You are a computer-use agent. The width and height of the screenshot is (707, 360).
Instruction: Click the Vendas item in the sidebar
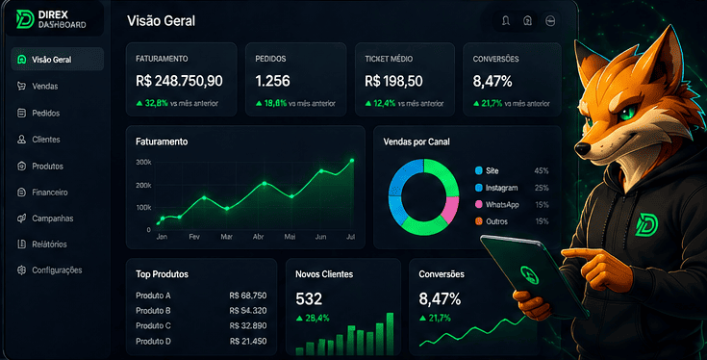tap(44, 87)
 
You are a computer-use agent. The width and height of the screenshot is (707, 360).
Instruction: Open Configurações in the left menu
tap(57, 270)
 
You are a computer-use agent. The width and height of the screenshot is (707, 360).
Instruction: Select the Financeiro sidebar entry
tap(50, 193)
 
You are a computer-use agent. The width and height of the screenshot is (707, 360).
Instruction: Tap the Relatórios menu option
tap(49, 244)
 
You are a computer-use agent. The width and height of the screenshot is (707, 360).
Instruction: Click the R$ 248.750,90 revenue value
tap(179, 81)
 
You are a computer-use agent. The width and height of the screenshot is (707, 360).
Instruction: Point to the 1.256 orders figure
tap(272, 81)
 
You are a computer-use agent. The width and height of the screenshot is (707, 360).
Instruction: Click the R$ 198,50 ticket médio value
tap(393, 81)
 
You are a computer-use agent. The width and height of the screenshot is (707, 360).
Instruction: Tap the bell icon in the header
tap(506, 21)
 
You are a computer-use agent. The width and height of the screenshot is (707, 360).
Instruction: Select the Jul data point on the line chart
tap(352, 160)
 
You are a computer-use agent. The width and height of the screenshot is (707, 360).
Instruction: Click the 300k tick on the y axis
tap(143, 162)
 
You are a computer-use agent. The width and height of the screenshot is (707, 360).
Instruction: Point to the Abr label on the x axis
tap(259, 237)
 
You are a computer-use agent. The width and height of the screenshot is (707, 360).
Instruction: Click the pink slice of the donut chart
tap(451, 209)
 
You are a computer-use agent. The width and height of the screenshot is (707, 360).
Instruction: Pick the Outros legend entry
tap(492, 221)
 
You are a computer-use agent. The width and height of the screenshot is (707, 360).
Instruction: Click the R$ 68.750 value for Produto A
tap(247, 296)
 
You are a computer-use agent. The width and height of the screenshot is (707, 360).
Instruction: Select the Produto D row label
tap(153, 341)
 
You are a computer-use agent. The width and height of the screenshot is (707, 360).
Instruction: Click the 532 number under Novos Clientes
tap(309, 298)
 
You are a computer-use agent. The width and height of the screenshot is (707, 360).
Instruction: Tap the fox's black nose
tap(583, 149)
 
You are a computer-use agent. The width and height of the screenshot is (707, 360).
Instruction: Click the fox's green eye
tap(625, 113)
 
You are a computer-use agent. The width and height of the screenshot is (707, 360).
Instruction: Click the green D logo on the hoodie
tap(646, 224)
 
